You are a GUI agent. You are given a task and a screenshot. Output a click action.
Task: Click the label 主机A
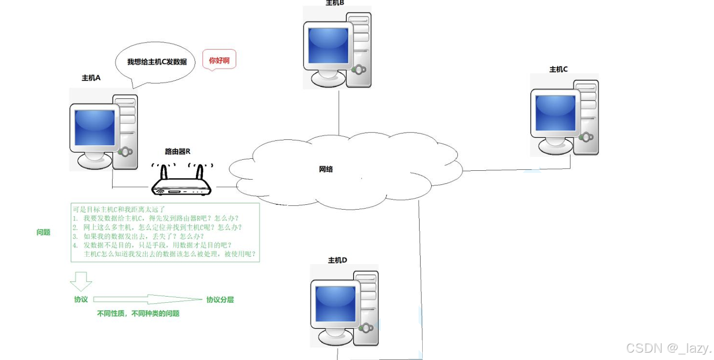91,78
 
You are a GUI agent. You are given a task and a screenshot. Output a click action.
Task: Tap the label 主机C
558,69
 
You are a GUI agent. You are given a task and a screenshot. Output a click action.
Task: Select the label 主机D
337,260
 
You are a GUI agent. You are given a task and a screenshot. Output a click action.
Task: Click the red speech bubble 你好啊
219,61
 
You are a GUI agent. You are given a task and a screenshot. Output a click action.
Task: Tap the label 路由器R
178,151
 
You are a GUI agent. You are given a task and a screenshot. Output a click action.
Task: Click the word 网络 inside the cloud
326,169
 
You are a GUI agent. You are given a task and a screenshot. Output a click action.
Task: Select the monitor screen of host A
95,127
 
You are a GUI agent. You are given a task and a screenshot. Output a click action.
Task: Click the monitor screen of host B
328,45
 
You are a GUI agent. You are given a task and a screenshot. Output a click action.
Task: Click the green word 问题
43,232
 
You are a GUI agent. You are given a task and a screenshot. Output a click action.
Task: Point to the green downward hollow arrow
81,281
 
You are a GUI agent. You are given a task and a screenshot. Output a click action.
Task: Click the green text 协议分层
220,300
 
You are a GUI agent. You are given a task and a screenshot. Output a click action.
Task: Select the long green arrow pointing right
147,300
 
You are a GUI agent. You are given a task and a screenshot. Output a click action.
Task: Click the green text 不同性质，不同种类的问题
138,313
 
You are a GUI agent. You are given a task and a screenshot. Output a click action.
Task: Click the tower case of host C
586,118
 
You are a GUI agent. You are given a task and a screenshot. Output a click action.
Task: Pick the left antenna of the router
163,172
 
